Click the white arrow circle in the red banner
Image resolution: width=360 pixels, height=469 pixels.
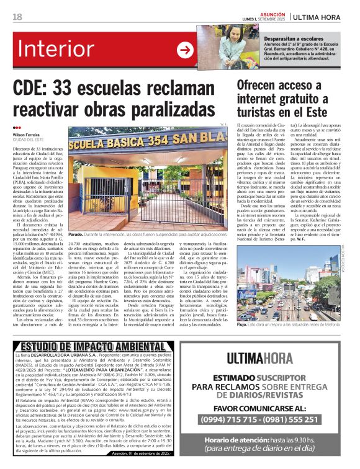pos(185,51)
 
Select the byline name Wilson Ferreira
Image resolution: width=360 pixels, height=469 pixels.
pos(26,134)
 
